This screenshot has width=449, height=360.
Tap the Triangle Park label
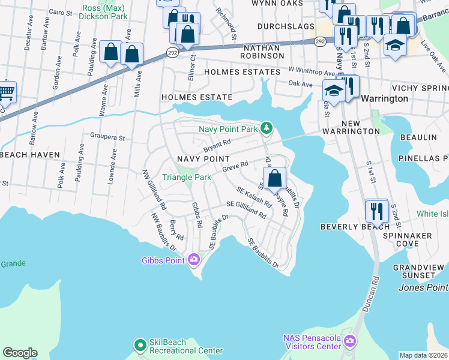coord(187,177)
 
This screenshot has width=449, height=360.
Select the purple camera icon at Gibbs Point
coord(193,260)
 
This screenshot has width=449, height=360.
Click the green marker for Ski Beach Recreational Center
coord(140,345)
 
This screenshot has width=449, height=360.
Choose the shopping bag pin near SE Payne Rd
coord(274,178)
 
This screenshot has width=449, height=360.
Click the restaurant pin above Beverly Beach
coord(376,211)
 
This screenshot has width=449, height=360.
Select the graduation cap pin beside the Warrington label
coord(332,92)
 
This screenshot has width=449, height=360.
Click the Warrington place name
coord(385,98)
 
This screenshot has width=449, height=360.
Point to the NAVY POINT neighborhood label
coord(203,158)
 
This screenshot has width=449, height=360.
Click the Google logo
coord(20,353)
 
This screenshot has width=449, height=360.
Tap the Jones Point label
coord(423,287)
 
